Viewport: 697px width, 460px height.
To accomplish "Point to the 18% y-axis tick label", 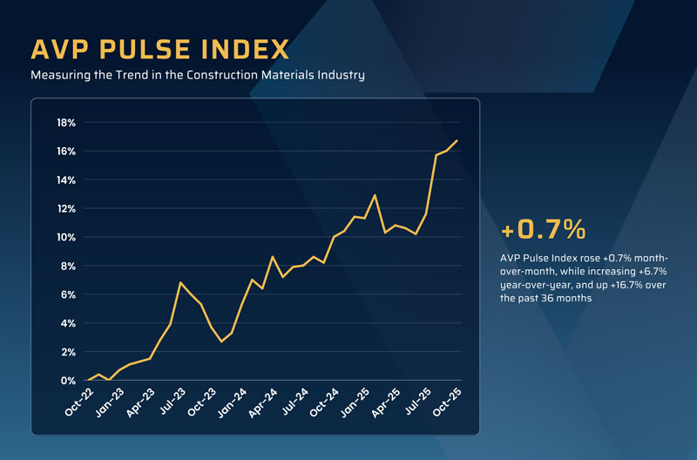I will [66, 123].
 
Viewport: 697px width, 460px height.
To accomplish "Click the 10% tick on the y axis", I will [66, 238].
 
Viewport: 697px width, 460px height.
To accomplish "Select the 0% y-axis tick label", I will [69, 382].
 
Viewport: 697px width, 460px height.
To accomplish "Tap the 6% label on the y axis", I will [69, 295].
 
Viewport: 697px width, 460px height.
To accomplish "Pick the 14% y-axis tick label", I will [66, 180].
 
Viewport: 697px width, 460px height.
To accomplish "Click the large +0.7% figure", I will [543, 230].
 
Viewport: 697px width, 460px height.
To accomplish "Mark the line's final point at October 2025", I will [457, 141].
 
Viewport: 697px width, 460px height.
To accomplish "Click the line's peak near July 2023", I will [180, 282].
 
